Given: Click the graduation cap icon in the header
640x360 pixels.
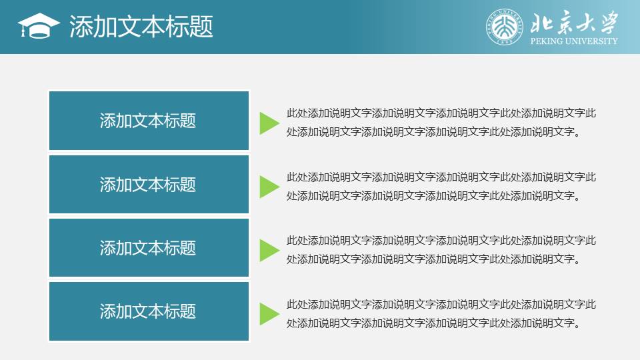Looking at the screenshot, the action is (39, 26).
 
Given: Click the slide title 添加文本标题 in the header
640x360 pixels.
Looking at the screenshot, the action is (141, 27).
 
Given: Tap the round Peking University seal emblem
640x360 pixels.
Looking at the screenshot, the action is (505, 27).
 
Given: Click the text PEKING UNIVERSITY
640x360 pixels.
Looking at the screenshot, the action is (574, 41).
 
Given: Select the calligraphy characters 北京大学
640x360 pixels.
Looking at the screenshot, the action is (574, 22).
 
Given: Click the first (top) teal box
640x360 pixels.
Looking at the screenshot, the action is (149, 121).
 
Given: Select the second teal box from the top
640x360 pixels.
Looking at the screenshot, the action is (149, 185).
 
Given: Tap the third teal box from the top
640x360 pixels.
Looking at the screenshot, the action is (149, 248).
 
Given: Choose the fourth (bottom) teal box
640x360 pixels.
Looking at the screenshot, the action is (149, 311).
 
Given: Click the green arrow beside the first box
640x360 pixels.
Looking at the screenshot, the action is (269, 123).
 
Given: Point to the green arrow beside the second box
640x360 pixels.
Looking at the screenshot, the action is (269, 187).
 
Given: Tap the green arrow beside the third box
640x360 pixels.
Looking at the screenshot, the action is (269, 251).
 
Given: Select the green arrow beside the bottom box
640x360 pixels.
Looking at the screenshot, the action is (269, 314).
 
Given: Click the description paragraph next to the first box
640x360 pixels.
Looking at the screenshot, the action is (441, 123).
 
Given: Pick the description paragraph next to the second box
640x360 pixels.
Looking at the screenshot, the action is (441, 187).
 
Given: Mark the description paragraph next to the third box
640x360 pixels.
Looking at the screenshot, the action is (441, 250).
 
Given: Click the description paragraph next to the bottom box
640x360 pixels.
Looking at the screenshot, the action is (441, 314).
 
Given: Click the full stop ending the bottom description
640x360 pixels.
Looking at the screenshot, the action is (577, 327).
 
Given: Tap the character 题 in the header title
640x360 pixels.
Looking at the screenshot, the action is (201, 27).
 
